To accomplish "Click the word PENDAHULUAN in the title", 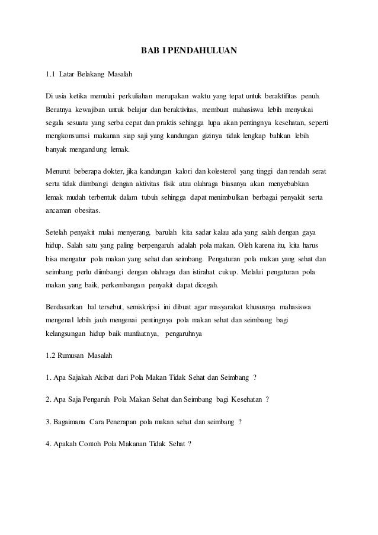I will (204, 52).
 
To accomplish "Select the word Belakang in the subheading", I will (86, 75).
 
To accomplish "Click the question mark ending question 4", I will (190, 444).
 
